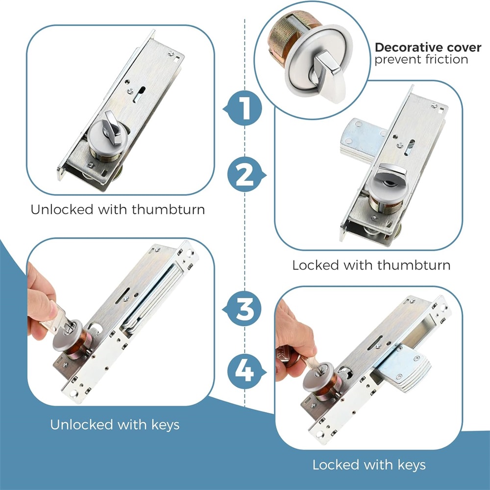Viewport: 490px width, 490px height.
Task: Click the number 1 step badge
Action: (x=243, y=108)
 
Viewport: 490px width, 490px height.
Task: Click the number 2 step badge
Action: (x=246, y=174)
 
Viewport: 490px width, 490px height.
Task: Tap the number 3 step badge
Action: (x=243, y=309)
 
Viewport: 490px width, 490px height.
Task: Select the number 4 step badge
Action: (x=246, y=371)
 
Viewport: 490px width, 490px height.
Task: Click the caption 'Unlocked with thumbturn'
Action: (x=118, y=209)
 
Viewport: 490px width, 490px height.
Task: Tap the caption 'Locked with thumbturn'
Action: (x=371, y=265)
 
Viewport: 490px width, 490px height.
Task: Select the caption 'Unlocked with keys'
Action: (x=115, y=425)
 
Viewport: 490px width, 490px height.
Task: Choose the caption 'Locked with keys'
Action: (x=369, y=465)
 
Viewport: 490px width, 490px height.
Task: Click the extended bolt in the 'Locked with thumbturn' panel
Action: (x=363, y=139)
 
